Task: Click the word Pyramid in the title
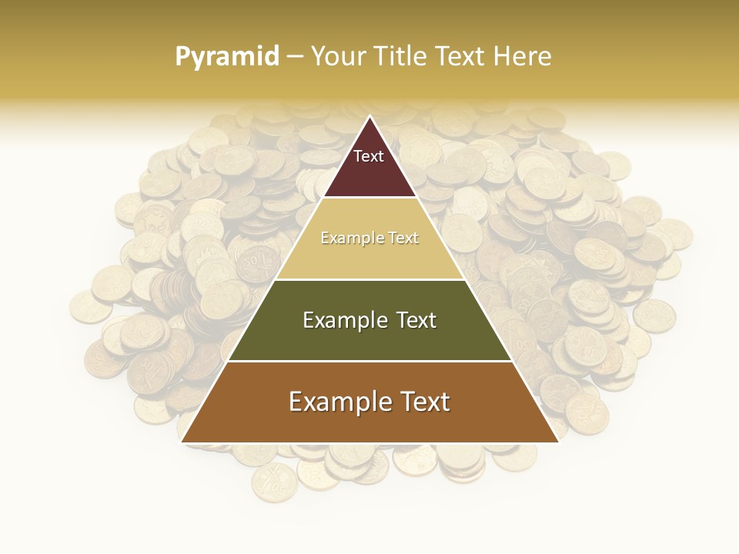227,57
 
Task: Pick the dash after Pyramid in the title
295,57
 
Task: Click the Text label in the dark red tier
369,156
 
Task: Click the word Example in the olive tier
339,320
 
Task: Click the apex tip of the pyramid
369,117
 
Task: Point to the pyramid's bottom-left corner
182,442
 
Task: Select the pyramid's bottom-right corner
558,442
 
